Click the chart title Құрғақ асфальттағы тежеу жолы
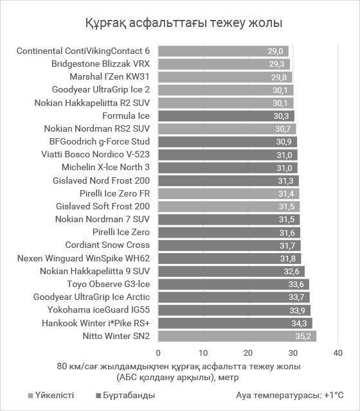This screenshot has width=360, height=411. (x=184, y=23)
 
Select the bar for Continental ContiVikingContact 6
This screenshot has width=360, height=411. (x=223, y=51)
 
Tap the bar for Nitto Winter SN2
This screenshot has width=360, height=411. (x=237, y=336)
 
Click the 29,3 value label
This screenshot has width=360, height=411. (x=276, y=64)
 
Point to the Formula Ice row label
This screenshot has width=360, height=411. (x=126, y=116)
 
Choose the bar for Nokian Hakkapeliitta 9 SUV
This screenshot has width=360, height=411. (x=231, y=271)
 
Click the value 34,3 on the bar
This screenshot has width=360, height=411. (x=299, y=323)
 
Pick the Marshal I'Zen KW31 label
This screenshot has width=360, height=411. (x=109, y=77)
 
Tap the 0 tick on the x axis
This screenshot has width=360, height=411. (x=158, y=353)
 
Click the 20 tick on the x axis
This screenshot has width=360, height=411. (x=248, y=353)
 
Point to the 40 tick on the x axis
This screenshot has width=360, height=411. (x=338, y=353)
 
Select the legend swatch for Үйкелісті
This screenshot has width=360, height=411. (x=31, y=396)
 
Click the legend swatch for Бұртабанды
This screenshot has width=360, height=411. (x=99, y=396)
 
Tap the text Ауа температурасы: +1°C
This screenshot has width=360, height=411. (x=290, y=395)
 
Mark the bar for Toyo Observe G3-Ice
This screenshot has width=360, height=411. (x=233, y=284)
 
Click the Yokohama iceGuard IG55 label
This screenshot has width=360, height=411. (x=98, y=310)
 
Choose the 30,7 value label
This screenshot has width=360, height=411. (x=283, y=128)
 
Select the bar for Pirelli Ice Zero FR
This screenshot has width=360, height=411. (x=229, y=193)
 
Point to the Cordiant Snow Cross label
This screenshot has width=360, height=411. (x=107, y=245)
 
